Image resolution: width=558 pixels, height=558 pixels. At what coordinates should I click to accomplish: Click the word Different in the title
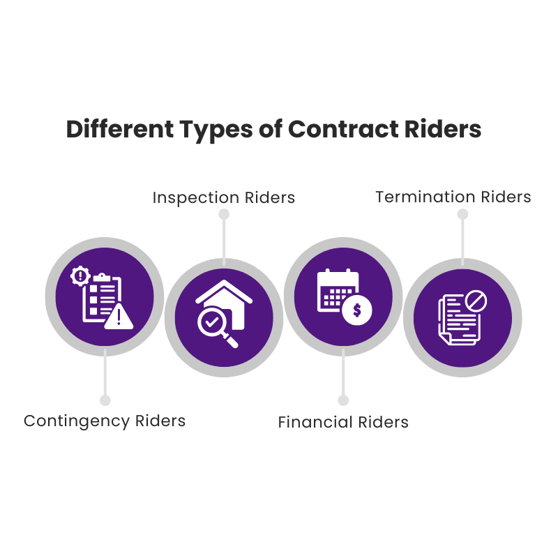click(120, 129)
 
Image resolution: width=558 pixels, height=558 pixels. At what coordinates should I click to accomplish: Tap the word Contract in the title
click(343, 129)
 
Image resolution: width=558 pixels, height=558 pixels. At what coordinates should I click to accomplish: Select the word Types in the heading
click(216, 130)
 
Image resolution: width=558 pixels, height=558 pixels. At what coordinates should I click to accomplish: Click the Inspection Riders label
click(224, 198)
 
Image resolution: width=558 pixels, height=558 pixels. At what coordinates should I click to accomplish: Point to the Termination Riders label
click(453, 197)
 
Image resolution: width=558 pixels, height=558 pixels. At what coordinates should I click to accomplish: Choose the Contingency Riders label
click(105, 421)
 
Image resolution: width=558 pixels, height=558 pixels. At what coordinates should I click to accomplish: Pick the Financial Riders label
click(343, 422)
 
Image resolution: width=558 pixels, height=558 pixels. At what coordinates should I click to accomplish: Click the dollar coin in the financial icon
click(357, 310)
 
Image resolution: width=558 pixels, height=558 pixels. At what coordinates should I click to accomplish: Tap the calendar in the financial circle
click(338, 290)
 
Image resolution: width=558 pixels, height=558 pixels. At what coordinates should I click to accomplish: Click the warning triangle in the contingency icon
click(119, 317)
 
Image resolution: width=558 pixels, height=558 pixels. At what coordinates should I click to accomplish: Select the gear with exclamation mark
click(80, 276)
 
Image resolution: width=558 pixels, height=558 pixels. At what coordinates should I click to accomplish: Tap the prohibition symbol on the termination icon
click(476, 301)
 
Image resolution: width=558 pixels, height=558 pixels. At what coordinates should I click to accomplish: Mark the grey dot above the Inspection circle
click(224, 214)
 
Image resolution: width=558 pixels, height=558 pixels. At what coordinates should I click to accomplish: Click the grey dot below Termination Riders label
click(462, 214)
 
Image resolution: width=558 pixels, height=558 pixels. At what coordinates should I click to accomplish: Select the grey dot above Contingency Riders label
click(105, 400)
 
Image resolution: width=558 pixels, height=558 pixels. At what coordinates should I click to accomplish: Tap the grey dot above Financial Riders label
click(343, 400)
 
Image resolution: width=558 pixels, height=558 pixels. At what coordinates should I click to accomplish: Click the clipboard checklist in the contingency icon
click(102, 298)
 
